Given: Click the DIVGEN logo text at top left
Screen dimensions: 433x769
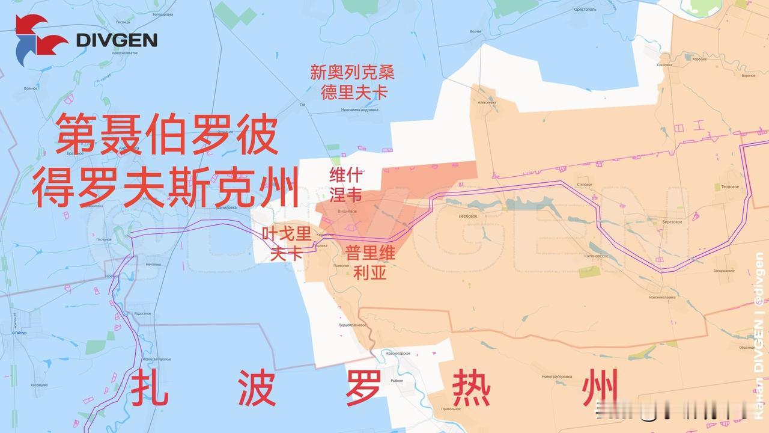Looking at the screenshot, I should [117, 40].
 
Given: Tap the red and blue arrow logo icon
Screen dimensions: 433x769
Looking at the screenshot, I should [41, 40].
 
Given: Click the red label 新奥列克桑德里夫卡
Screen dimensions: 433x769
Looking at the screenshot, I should [353, 82].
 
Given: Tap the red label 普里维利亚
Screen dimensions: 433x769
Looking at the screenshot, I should [370, 263].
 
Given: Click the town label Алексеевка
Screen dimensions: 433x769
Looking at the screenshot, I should [487, 102].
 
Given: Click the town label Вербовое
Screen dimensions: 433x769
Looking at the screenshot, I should [468, 216].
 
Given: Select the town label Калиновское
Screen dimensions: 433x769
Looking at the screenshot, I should [596, 256].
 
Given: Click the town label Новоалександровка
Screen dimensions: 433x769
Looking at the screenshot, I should [359, 110].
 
